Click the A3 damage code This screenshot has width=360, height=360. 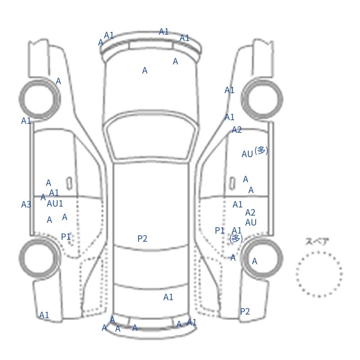pyautogui.click(x=26, y=204)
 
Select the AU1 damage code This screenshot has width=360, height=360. pyautogui.click(x=55, y=203)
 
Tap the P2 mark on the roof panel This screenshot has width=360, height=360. pyautogui.click(x=142, y=238)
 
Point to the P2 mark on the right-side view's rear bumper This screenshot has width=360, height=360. pyautogui.click(x=245, y=311)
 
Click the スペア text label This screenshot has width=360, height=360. pyautogui.click(x=314, y=242)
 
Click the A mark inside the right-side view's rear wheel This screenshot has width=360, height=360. pyautogui.click(x=254, y=261)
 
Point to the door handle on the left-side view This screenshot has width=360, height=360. pyautogui.click(x=69, y=184)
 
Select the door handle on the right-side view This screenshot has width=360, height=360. pyautogui.click(x=232, y=184)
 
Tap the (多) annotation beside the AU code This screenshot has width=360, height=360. pyautogui.click(x=261, y=151)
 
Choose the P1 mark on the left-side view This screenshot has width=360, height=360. pyautogui.click(x=66, y=237)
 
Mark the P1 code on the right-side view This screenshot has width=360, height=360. pyautogui.click(x=220, y=230)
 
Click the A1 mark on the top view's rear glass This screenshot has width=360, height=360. pyautogui.click(x=168, y=297)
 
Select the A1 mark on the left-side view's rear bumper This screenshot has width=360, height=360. pyautogui.click(x=44, y=315)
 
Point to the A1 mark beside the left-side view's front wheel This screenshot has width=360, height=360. pyautogui.click(x=26, y=121)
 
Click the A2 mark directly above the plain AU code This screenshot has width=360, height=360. pyautogui.click(x=250, y=212)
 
